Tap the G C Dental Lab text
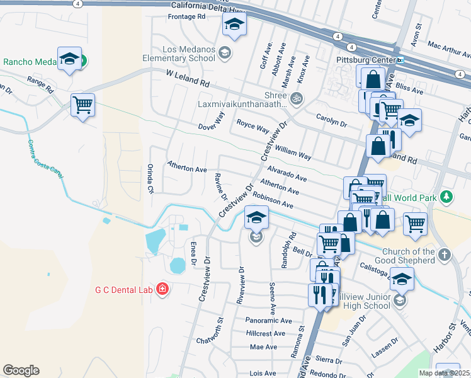click(123, 290)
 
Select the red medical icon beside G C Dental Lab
click(162, 289)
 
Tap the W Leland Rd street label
click(188, 78)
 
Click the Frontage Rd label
click(186, 17)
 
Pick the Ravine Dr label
click(220, 186)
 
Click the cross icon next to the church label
click(445, 255)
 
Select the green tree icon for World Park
click(446, 198)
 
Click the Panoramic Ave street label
click(270, 321)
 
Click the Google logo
click(21, 370)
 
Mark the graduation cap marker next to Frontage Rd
click(234, 25)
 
